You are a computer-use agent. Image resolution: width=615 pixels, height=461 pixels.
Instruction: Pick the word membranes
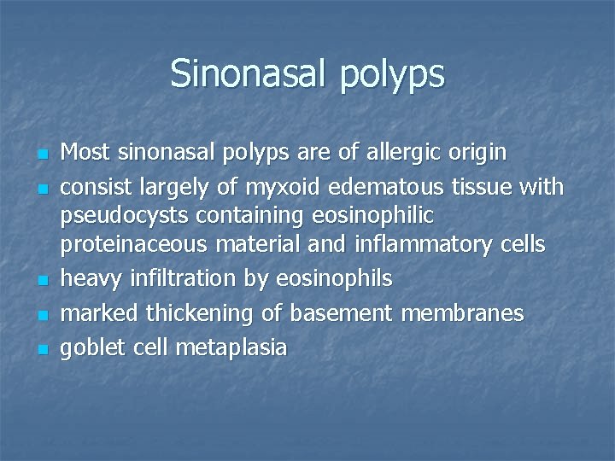(x=462, y=313)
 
